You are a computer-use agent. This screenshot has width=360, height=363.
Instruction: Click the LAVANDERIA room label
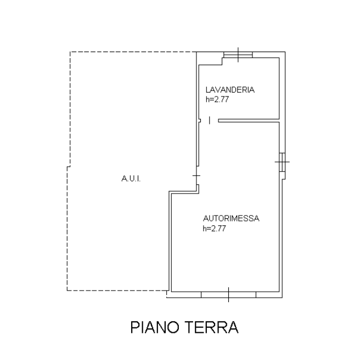(230, 89)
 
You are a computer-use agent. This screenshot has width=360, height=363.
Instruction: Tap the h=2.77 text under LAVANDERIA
(217, 99)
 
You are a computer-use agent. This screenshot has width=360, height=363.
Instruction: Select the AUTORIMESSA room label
(231, 218)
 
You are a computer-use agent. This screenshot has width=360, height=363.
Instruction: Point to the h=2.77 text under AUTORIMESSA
(214, 229)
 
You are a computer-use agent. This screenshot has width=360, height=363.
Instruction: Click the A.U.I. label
(131, 179)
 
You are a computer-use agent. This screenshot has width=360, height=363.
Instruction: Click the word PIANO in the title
(155, 327)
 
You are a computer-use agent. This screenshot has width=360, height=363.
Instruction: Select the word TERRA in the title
(211, 327)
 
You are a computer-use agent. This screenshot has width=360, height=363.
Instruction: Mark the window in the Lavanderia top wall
(238, 55)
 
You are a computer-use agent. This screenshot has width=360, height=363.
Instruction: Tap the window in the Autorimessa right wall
(282, 162)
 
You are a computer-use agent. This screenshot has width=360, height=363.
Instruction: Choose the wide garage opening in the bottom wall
(228, 294)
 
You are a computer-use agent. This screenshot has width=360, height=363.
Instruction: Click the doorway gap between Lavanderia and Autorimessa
(209, 121)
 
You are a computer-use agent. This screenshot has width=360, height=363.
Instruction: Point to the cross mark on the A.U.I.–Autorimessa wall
(196, 175)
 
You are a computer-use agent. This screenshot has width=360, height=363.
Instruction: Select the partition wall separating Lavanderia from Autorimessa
(249, 121)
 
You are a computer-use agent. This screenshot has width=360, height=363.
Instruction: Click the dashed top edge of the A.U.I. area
(133, 52)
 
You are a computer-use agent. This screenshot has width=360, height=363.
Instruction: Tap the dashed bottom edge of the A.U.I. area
(118, 290)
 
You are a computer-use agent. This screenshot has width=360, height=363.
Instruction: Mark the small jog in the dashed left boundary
(69, 167)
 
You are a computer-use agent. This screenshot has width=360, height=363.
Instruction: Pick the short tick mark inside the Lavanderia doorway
(210, 121)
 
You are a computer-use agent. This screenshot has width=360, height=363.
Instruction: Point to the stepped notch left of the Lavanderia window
(222, 61)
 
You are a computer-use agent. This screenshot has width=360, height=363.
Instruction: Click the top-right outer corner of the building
(285, 52)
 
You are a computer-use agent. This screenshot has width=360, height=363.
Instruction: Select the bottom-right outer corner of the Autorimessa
(282, 298)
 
